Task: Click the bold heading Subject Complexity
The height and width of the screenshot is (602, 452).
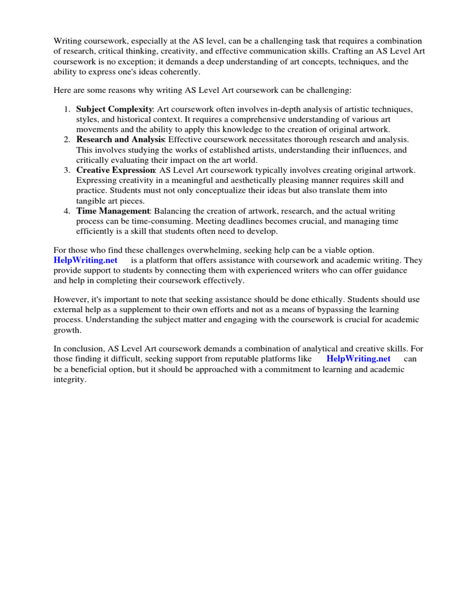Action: click(114, 109)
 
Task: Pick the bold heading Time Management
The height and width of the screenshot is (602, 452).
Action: click(113, 210)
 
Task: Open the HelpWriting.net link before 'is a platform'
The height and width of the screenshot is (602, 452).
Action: click(85, 260)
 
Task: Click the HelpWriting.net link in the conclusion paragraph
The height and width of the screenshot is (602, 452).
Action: click(358, 359)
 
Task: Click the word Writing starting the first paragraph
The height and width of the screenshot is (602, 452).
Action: click(68, 41)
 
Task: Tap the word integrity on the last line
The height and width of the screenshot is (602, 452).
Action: click(69, 380)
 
